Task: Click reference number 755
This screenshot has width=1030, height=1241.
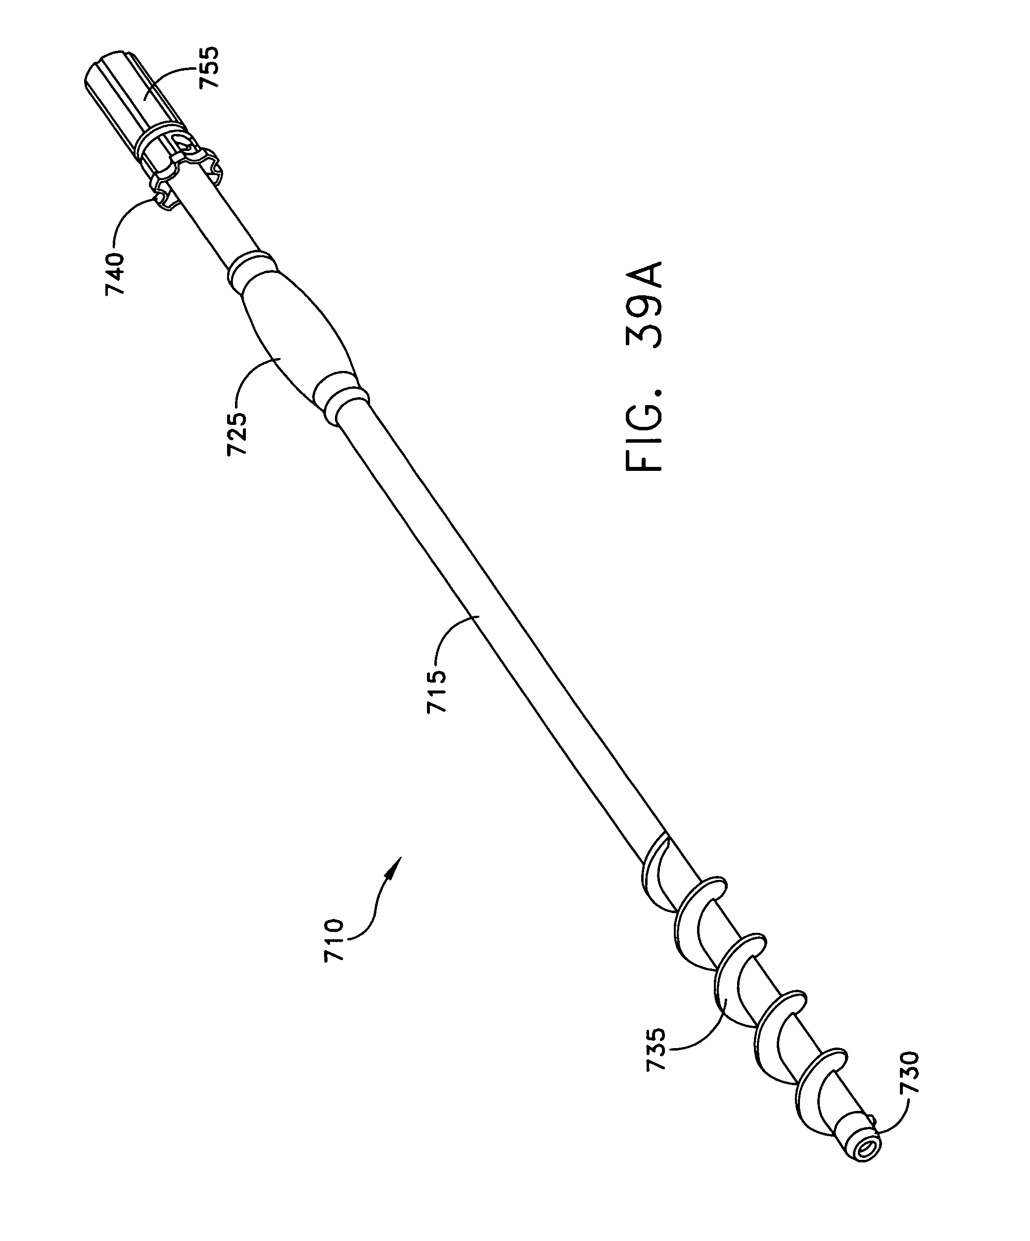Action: click(210, 67)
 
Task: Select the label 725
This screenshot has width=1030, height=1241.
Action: click(236, 434)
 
